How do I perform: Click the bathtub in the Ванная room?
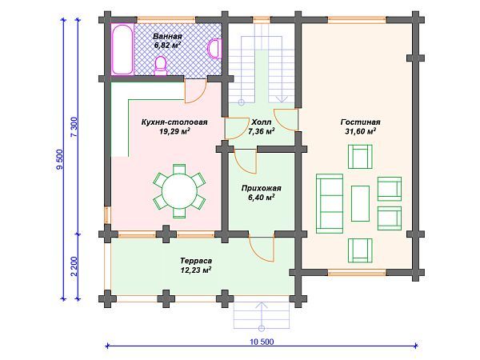point(122,49)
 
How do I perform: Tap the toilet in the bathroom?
point(161,66)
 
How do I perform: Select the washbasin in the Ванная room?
point(214,48)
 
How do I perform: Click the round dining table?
point(179,191)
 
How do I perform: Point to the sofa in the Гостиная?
point(330,204)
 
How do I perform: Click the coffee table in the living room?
point(360,203)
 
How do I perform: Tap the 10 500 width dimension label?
point(262,342)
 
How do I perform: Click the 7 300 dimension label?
point(75,127)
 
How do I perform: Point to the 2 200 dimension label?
point(75,266)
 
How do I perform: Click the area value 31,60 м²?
point(360,131)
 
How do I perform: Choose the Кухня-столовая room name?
point(174,122)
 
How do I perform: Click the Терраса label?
point(196,261)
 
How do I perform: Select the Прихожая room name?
point(261,188)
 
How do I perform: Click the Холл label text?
point(261,122)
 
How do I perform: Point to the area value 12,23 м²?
point(196,270)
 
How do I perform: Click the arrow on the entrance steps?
point(262,315)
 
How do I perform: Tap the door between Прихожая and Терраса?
point(262,248)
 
